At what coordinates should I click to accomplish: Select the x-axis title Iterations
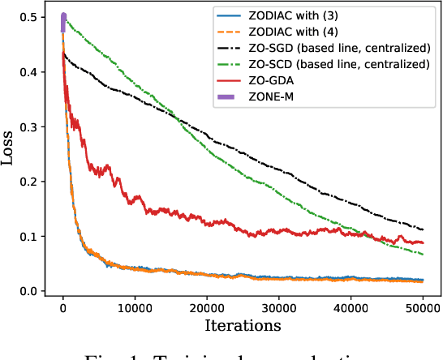[243, 326]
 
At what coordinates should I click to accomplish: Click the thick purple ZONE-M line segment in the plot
[63, 23]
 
